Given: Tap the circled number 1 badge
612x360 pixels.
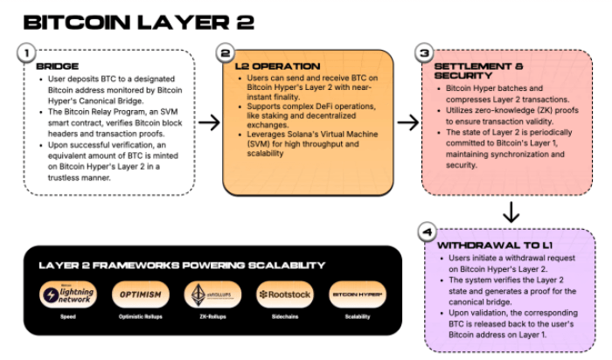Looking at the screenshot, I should [x=27, y=53].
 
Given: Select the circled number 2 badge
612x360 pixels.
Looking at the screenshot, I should [x=226, y=53].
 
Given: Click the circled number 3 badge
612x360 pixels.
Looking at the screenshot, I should [x=425, y=53].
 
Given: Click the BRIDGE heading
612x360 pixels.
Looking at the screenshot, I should [x=57, y=66].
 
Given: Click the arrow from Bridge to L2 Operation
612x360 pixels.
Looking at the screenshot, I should [x=209, y=122].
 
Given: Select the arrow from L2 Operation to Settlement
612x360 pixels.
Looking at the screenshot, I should [x=407, y=122].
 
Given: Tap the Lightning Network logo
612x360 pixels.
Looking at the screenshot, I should [x=67, y=295].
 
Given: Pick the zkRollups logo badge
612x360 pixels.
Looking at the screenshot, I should [x=212, y=295].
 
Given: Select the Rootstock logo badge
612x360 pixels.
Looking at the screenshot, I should [x=285, y=295].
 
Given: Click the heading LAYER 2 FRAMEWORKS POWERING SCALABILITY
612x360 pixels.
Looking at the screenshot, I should [x=182, y=265].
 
